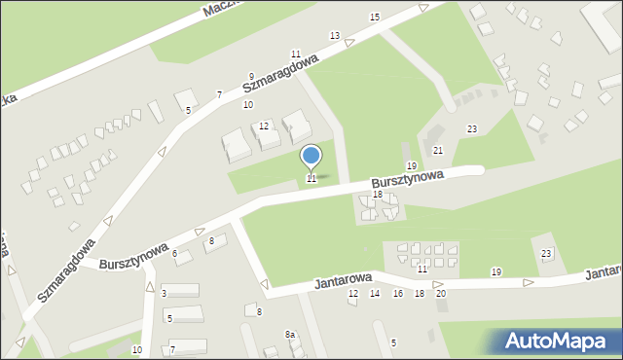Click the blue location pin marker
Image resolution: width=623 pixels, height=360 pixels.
[311, 157]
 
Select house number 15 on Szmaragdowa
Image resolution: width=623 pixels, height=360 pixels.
[375, 18]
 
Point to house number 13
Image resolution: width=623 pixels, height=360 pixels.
[335, 36]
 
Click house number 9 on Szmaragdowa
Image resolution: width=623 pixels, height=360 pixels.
[251, 76]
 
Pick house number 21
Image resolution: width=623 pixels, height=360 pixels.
[438, 150]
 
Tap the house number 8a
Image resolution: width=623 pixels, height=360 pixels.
[290, 335]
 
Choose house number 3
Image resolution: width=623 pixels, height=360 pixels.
[165, 293]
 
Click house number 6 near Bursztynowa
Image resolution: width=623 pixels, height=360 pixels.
[175, 253]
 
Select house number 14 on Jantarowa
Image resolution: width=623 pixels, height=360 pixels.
[375, 293]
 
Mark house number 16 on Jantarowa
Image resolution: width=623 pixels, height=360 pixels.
[397, 293]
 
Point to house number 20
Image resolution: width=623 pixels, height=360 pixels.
[441, 293]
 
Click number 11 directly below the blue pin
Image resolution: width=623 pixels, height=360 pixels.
[311, 179]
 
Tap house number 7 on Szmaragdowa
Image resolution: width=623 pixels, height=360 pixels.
[220, 94]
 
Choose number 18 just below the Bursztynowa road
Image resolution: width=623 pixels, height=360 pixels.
[378, 195]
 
